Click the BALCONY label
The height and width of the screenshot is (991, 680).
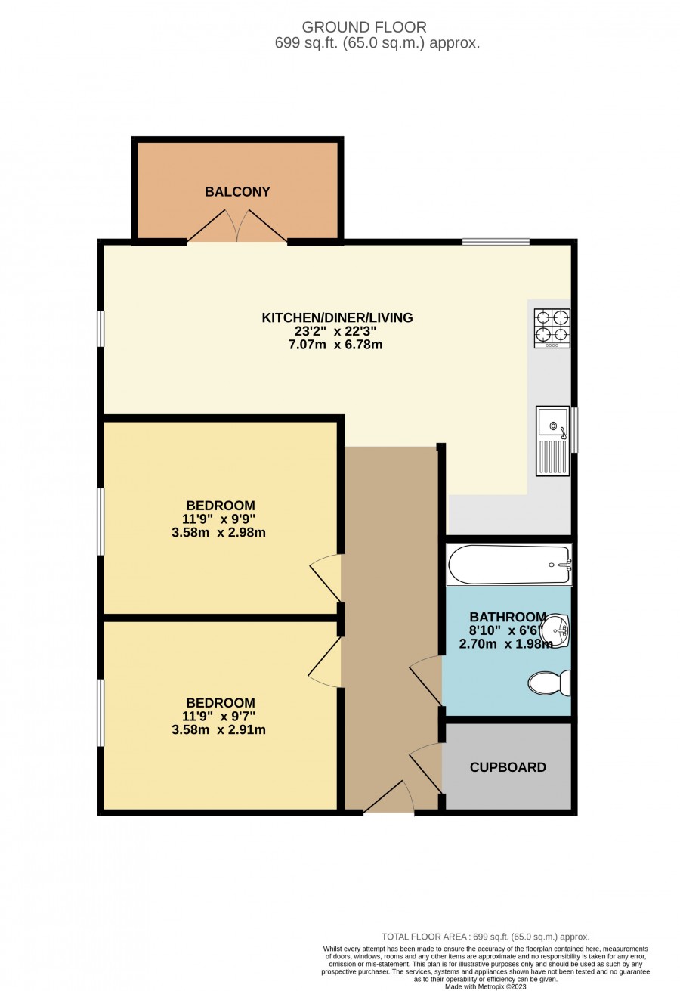pyautogui.click(x=237, y=191)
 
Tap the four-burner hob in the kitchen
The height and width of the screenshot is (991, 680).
pyautogui.click(x=552, y=328)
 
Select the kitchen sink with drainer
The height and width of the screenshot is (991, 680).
pyautogui.click(x=552, y=441)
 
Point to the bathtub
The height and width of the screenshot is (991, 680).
pyautogui.click(x=509, y=565)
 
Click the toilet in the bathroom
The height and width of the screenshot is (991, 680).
pyautogui.click(x=549, y=683)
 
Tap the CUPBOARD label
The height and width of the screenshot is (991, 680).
pyautogui.click(x=508, y=767)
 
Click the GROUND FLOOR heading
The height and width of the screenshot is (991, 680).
pyautogui.click(x=364, y=27)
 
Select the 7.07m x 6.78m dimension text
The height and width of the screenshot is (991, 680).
pyautogui.click(x=335, y=345)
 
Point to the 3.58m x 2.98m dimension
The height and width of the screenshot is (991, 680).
pyautogui.click(x=219, y=532)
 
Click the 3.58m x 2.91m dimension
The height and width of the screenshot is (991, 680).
pyautogui.click(x=219, y=729)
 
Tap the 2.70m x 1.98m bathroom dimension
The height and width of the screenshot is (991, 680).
pyautogui.click(x=505, y=644)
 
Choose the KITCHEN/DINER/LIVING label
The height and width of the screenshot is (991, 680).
pyautogui.click(x=337, y=317)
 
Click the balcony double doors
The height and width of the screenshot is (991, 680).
pyautogui.click(x=237, y=225)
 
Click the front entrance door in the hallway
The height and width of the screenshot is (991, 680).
pyautogui.click(x=388, y=797)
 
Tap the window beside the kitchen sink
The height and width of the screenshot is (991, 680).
pyautogui.click(x=574, y=429)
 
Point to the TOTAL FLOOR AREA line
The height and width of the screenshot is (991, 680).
pyautogui.click(x=486, y=937)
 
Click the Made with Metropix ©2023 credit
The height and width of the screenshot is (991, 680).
pyautogui.click(x=486, y=986)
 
